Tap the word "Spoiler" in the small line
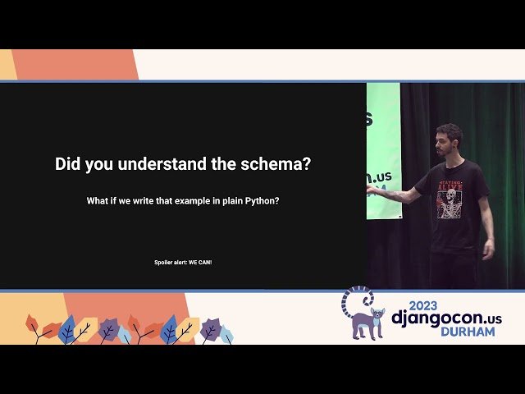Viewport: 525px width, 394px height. [167, 262]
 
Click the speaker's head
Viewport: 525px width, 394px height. [449, 139]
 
